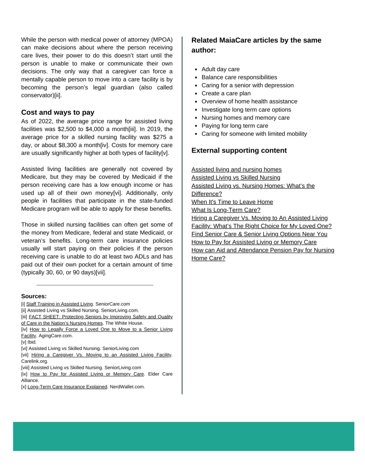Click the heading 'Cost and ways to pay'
tap(58, 112)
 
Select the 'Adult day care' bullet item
tap(220, 69)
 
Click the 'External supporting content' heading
tap(239, 150)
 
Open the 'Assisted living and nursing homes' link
tap(237, 170)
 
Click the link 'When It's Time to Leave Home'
tap(232, 202)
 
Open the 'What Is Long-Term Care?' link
tap(226, 210)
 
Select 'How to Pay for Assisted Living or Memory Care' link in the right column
tap(254, 242)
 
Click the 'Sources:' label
tap(34, 296)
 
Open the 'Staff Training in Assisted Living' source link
tap(60, 304)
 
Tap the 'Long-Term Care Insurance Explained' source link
tap(67, 387)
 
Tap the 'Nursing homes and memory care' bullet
tap(245, 117)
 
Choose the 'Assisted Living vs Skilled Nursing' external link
tap(236, 178)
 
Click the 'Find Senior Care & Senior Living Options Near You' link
tap(259, 234)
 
